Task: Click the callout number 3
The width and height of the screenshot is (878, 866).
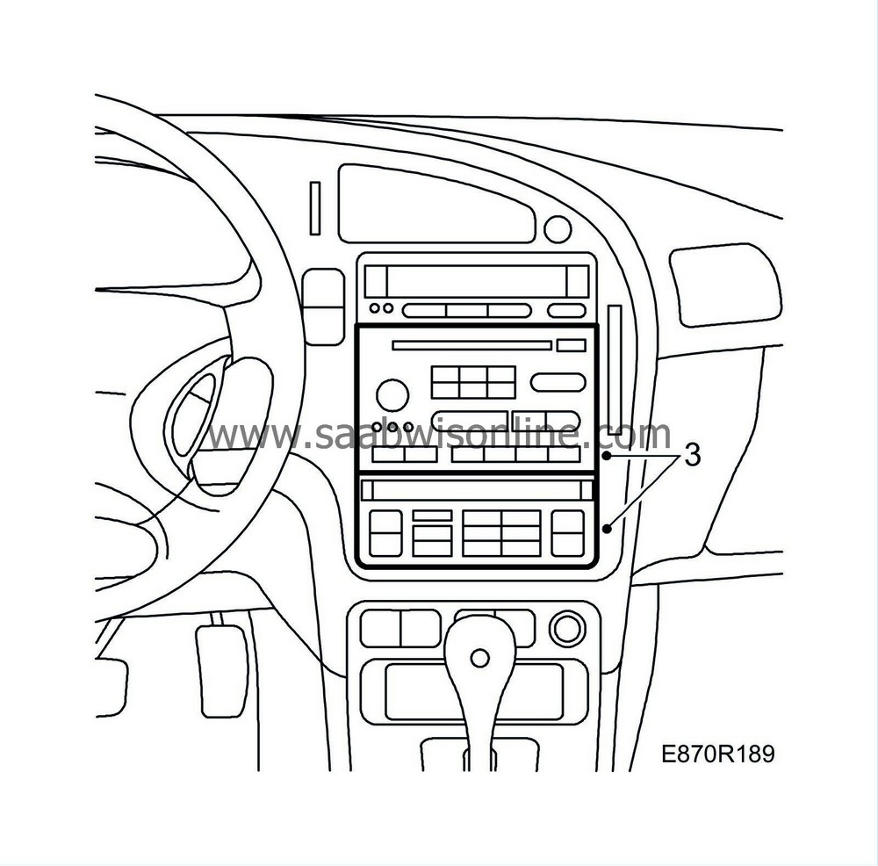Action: pos(692,455)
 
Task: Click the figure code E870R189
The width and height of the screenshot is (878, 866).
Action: pos(718,754)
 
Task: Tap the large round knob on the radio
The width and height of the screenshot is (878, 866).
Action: pos(392,392)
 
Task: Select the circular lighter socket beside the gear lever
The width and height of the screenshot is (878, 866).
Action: pos(566,628)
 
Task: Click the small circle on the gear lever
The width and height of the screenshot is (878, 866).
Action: pos(479,657)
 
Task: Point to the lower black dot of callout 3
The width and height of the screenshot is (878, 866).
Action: pos(608,528)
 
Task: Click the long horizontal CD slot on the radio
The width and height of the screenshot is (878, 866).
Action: pos(471,345)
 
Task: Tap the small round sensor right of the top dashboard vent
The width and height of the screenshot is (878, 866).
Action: pos(557,228)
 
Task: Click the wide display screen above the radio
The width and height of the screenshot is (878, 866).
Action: pos(476,281)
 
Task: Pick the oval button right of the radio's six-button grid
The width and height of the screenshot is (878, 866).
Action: pos(558,382)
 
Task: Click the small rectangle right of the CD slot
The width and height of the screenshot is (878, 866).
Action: pos(571,345)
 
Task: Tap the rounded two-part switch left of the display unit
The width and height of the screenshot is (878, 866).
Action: pos(322,305)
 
